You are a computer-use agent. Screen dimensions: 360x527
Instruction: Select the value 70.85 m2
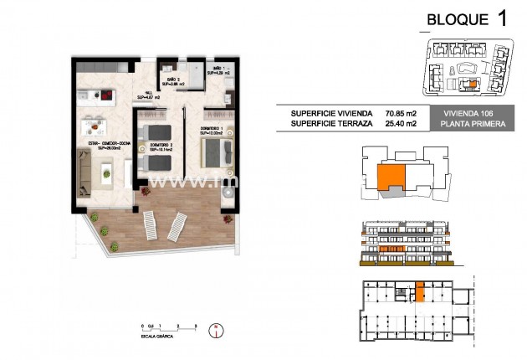(402, 113)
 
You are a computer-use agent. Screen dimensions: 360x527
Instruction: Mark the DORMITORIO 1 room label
(212, 131)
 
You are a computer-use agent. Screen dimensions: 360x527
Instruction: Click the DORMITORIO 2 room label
(161, 147)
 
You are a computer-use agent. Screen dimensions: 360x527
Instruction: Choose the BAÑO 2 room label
(174, 82)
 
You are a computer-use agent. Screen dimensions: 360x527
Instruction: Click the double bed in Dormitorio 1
(217, 153)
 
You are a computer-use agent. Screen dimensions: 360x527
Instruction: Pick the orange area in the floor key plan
(390, 176)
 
